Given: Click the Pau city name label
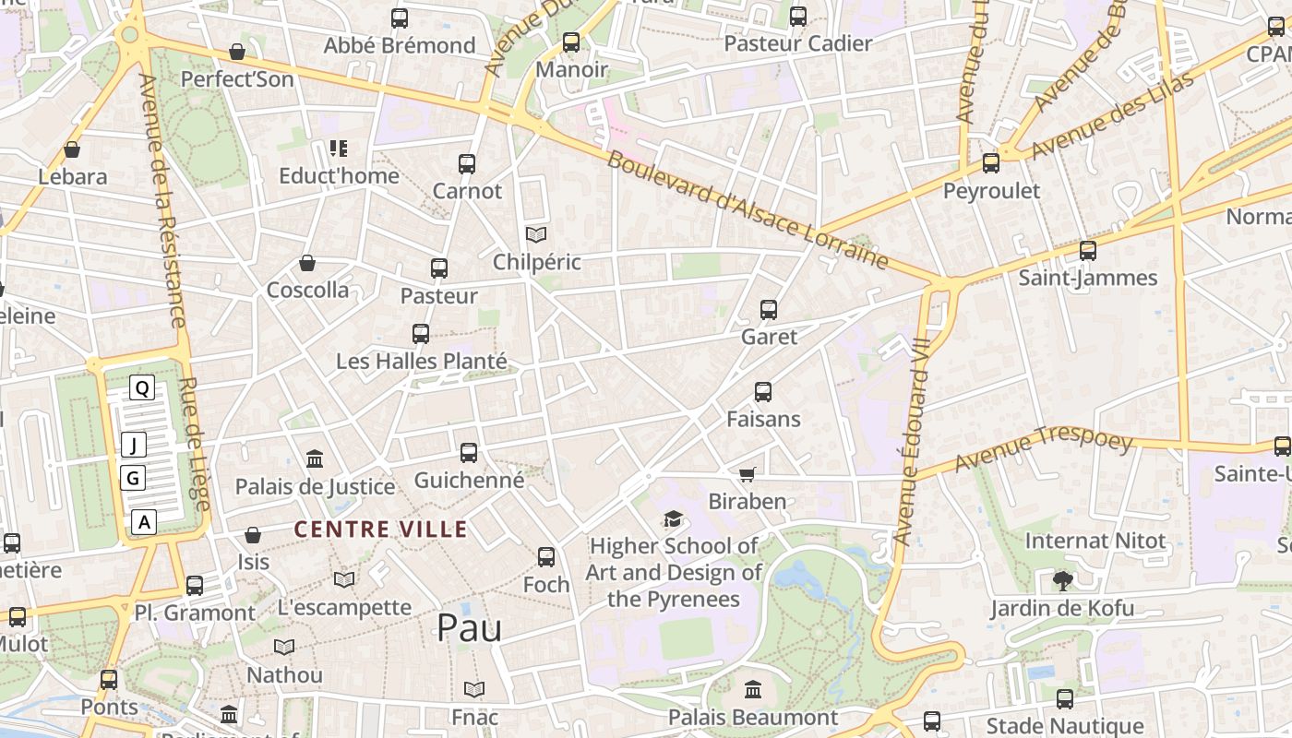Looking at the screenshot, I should tap(469, 628).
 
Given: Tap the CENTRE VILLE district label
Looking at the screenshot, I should tap(380, 530).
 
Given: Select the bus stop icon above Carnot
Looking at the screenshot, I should tap(467, 164).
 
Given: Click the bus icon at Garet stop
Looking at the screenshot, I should tap(769, 310).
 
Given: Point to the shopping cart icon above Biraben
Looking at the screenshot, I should tap(747, 474).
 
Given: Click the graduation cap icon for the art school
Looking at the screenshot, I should tap(673, 519).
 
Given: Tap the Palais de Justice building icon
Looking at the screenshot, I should tap(315, 458).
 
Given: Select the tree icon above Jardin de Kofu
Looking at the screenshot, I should tap(1062, 580).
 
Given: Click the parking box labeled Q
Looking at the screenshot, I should tap(141, 388).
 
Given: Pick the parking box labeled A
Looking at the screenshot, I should tap(144, 522).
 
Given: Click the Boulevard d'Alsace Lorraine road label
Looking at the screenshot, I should tap(748, 210).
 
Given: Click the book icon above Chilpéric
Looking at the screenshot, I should tap(536, 234).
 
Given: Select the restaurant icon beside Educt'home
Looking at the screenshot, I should tap(339, 148).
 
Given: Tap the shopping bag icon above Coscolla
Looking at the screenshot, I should tap(307, 263).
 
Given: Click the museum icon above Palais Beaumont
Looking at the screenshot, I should tap(752, 689).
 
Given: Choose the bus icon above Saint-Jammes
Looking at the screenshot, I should tap(1088, 250).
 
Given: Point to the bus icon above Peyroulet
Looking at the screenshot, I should tap(991, 163).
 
